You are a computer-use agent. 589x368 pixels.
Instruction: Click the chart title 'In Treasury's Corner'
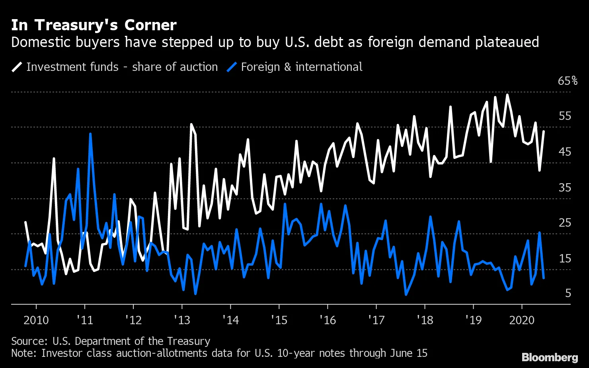point(94,25)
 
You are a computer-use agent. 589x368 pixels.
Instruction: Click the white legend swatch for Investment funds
point(17,67)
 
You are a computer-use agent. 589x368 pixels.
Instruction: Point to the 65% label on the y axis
point(568,81)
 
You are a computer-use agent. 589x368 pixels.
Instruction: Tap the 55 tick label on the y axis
point(565,116)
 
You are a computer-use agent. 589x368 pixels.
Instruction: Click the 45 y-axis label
point(565,152)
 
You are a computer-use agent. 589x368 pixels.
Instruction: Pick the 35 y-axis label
point(565,188)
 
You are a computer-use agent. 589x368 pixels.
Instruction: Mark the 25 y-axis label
point(565,223)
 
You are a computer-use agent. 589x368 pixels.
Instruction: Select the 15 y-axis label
point(565,258)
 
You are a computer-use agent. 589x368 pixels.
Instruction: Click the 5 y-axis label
point(568,293)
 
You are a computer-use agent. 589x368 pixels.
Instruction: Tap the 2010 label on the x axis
point(36,320)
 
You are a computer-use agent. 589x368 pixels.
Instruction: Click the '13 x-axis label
point(182,320)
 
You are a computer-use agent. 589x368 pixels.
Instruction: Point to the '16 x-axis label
point(328,320)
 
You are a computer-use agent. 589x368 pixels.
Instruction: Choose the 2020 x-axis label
point(522,320)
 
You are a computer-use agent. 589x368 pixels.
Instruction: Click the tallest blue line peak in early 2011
point(90,134)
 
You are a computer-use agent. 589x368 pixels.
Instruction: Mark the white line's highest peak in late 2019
point(507,95)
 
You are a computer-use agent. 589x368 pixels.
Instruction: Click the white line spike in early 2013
point(191,125)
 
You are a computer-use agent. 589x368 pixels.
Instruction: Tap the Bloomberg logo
point(550,357)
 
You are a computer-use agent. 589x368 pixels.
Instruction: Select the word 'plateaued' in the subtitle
point(507,42)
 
